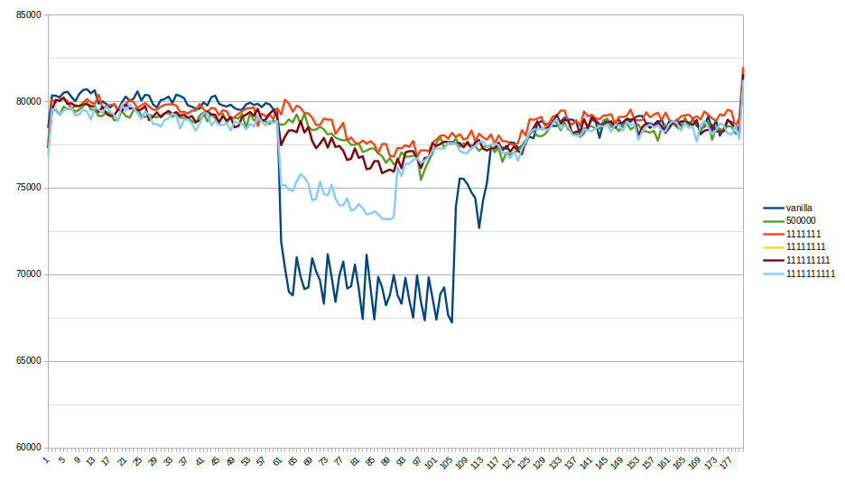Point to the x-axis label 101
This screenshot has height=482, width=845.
tap(431, 462)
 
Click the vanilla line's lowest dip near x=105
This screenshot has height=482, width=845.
tap(451, 322)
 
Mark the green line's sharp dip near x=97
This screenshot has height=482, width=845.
tap(421, 179)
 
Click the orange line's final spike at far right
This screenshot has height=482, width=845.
tap(742, 69)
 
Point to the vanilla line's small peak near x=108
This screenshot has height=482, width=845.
tap(461, 179)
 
